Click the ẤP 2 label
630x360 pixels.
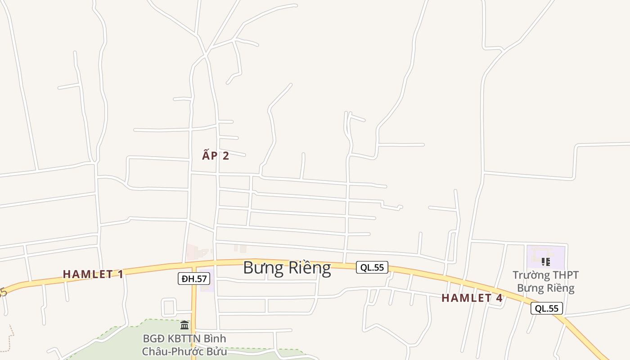[216, 156]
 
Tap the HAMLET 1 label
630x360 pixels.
[93, 274]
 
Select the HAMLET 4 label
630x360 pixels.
[472, 298]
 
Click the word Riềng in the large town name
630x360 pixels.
[309, 268]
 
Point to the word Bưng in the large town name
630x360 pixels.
[258, 268]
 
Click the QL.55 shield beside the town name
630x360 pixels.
[372, 267]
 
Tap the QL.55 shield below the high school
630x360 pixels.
[546, 308]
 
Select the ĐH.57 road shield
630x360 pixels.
[194, 279]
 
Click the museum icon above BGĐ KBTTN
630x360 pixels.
[184, 325]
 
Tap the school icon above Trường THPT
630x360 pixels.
[545, 261]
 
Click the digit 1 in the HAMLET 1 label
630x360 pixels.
[120, 274]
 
